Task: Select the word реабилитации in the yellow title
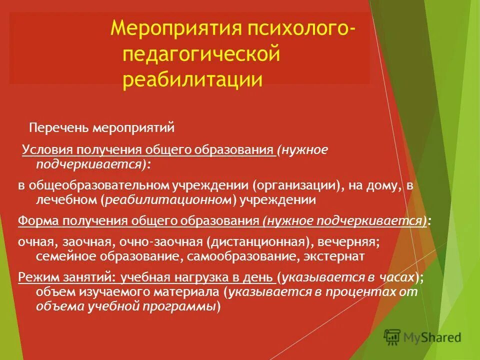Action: (x=192, y=79)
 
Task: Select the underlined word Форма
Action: (x=35, y=221)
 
